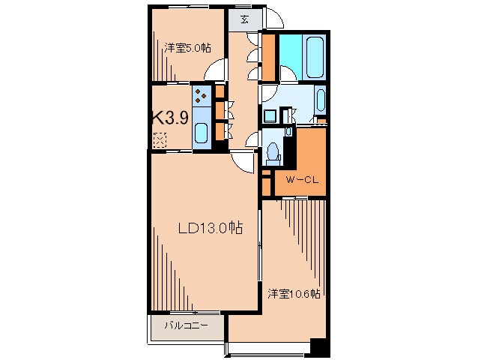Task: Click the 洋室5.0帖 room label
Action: coord(187,48)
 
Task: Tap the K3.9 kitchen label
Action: coord(169,118)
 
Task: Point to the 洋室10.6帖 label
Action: coord(294,293)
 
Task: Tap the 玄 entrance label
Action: coord(245,20)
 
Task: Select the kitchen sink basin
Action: coord(202,133)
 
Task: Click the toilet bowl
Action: coord(273,152)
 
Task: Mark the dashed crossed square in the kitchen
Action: coord(160,139)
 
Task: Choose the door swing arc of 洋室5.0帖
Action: coord(216,73)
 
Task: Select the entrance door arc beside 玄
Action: coord(273,18)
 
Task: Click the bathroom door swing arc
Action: coord(287,73)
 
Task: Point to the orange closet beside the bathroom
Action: coord(268,56)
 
